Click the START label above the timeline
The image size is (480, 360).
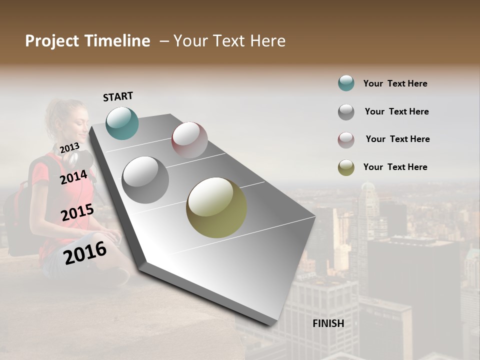pyautogui.click(x=118, y=96)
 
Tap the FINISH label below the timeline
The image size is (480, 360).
pyautogui.click(x=328, y=323)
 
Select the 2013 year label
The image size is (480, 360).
pyautogui.click(x=69, y=147)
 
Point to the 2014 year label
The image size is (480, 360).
pyautogui.click(x=74, y=177)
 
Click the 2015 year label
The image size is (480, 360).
pyautogui.click(x=77, y=212)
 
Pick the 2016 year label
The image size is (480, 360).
pyautogui.click(x=85, y=252)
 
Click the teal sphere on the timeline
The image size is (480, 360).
pyautogui.click(x=122, y=123)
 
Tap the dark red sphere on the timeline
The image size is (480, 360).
pyautogui.click(x=189, y=139)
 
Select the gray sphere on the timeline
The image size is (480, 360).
pyautogui.click(x=145, y=179)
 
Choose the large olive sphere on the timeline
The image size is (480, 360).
pyautogui.click(x=216, y=207)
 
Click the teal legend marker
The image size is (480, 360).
pyautogui.click(x=346, y=83)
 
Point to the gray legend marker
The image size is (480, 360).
pyautogui.click(x=346, y=112)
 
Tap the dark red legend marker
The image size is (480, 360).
pyautogui.click(x=346, y=140)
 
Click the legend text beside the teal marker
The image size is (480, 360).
pyautogui.click(x=395, y=84)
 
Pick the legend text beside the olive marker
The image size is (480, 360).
pyautogui.click(x=395, y=167)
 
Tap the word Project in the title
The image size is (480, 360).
pyautogui.click(x=52, y=41)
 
